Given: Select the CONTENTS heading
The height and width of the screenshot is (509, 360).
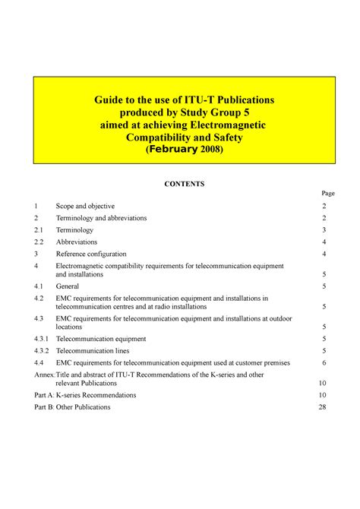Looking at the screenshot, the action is [x=181, y=184].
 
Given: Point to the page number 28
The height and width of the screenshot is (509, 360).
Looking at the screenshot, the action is [x=322, y=407].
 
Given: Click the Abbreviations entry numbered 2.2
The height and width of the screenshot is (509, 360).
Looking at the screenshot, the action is [x=77, y=242].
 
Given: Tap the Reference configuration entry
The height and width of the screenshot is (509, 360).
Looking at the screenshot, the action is [x=91, y=254].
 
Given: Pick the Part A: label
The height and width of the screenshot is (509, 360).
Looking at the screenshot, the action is [x=45, y=396].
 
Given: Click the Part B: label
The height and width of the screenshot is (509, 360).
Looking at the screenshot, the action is [x=45, y=407].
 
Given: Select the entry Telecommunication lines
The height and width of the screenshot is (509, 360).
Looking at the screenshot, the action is [x=93, y=351].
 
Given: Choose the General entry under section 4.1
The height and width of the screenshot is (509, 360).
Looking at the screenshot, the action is [x=68, y=286].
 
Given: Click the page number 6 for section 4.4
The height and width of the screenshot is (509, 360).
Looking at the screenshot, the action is [x=324, y=363].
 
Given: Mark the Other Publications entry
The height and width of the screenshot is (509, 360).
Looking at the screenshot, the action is [x=84, y=407].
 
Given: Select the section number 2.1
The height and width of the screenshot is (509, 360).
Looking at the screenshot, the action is [x=39, y=229].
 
